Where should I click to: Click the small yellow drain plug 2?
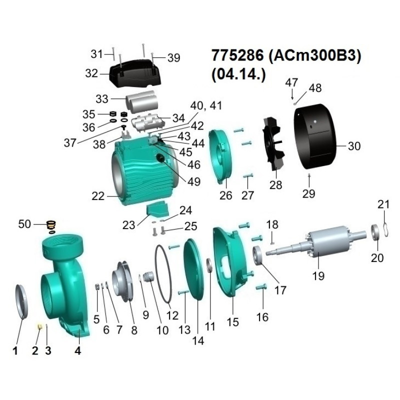[x=39, y=326]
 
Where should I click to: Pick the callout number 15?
[x=232, y=322]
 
